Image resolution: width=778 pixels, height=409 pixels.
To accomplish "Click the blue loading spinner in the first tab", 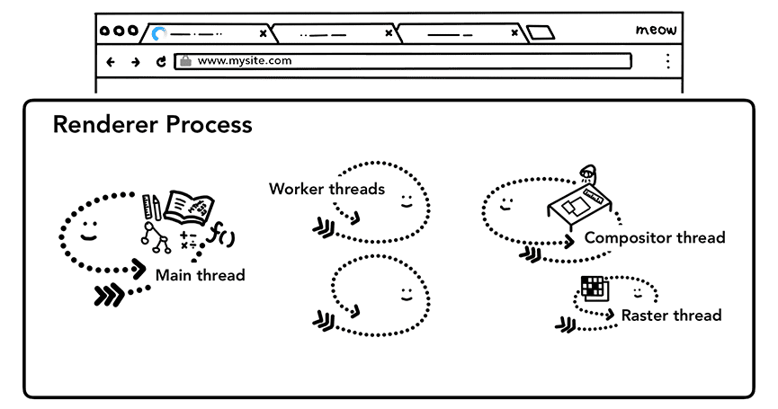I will coord(160,33).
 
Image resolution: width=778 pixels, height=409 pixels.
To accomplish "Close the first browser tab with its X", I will coord(263,33).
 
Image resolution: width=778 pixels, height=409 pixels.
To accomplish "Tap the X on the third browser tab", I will coord(514,33).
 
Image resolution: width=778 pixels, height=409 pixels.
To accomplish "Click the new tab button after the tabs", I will coord(541,33).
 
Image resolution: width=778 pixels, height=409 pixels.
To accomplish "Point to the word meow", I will coord(656,31).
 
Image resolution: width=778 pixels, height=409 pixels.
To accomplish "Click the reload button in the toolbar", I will coord(161,62).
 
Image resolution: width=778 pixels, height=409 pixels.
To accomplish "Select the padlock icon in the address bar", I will coord(186,62).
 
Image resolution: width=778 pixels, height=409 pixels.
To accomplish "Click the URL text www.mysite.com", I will coord(244,62).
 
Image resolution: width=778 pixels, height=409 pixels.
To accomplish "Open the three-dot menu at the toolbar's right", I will coord(667,61).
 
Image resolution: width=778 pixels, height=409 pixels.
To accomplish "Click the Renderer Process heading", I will coord(152,125).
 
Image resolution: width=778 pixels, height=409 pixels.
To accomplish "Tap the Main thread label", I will coord(200,275).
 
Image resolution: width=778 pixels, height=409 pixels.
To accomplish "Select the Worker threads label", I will coord(326,189).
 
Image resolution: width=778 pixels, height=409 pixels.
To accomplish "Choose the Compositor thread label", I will coord(654,238).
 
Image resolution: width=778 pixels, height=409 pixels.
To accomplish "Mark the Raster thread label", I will coord(671,316).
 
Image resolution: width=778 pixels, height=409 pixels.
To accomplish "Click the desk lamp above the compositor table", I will coord(588,173).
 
